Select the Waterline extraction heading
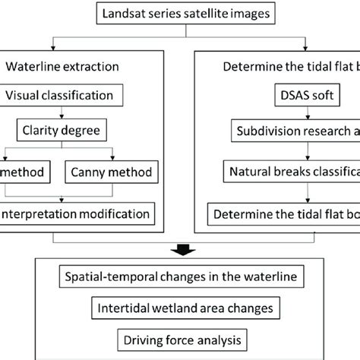click(60, 67)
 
